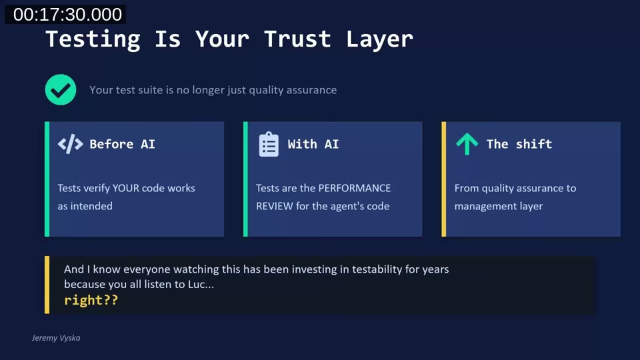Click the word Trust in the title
297,39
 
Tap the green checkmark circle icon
61,90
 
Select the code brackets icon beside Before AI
70,144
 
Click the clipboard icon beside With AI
269,144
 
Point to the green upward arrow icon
467,143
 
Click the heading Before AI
122,144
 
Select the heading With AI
313,144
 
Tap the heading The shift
519,144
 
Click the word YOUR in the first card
126,188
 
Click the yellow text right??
91,300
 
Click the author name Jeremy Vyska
56,338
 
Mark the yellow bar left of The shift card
444,179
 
